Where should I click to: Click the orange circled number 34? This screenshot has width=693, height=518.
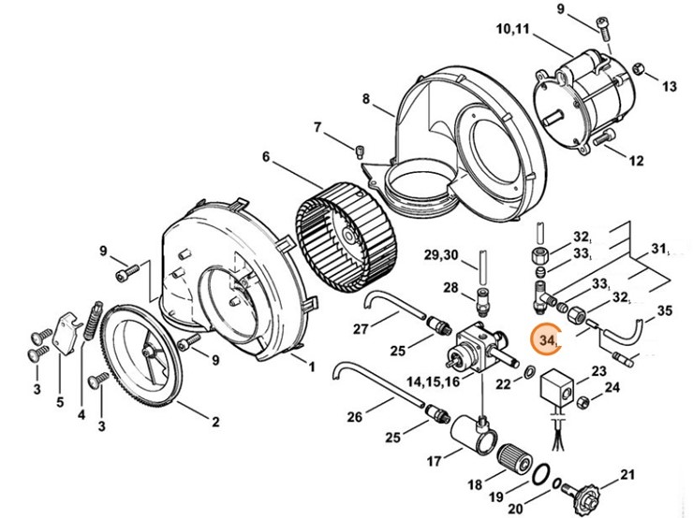tap(546, 339)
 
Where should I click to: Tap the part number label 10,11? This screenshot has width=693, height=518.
tap(512, 29)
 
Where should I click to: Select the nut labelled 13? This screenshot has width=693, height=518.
tap(638, 69)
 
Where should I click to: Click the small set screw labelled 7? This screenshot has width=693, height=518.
tap(360, 152)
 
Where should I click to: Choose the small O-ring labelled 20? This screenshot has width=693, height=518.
tap(558, 483)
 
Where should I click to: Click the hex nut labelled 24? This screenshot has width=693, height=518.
tap(583, 401)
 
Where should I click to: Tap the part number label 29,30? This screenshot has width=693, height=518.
tap(441, 255)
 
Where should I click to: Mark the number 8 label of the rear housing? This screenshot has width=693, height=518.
tap(365, 98)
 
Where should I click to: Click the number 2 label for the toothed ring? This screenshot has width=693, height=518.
tap(215, 422)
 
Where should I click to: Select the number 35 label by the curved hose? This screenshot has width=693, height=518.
tap(664, 310)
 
